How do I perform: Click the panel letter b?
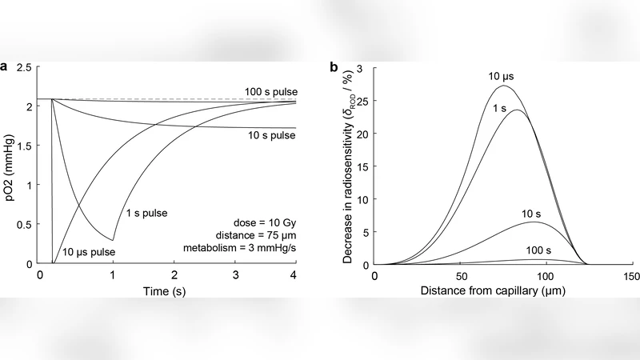(334, 67)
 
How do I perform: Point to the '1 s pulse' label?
(150, 214)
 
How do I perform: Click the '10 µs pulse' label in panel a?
(89, 254)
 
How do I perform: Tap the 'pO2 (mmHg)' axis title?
(10, 166)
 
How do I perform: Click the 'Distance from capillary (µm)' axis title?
(503, 294)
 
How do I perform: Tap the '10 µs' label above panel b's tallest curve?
(503, 76)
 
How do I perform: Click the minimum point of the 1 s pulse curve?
(113, 240)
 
